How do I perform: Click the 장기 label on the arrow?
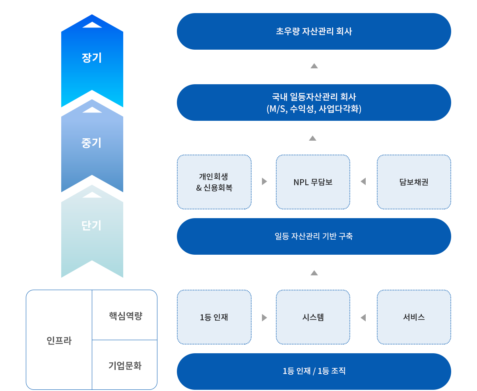point(92,58)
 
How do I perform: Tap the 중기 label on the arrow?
point(92,143)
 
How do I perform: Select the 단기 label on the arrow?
point(92,226)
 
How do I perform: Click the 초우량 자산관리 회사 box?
point(314,31)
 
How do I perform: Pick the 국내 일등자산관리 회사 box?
point(314,103)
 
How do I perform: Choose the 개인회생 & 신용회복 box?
point(214,182)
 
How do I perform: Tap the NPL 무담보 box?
point(313,182)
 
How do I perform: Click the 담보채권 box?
point(414,182)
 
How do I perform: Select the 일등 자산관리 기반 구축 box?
point(314,236)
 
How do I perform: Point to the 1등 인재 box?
point(214,317)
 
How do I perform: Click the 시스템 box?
point(313,317)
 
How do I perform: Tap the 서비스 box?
point(414,317)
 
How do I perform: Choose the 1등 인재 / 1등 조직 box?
point(314,371)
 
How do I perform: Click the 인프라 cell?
point(59,341)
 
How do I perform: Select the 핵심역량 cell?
point(125,316)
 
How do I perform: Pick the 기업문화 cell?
point(125,366)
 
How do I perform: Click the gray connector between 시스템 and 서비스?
point(363,317)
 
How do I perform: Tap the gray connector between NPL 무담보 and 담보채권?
point(363,182)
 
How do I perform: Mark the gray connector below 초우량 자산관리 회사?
point(314,66)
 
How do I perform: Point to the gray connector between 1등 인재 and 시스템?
point(264,317)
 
